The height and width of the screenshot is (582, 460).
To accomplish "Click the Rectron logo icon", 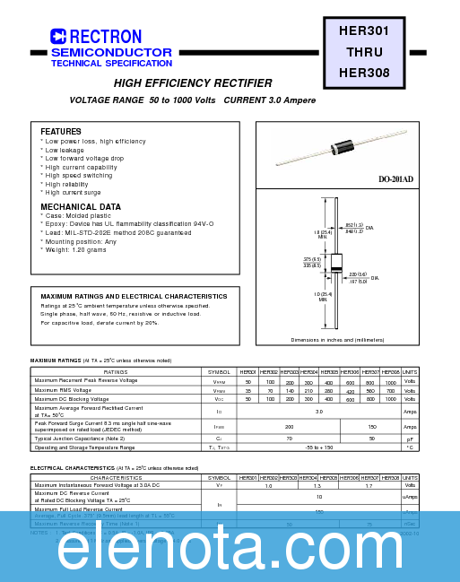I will point(58,37).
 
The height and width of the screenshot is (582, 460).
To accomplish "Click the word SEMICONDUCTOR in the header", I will point(111,53).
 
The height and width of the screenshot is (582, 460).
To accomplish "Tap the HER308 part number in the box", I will point(364,73).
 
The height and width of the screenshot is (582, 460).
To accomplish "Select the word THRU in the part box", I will point(364,52).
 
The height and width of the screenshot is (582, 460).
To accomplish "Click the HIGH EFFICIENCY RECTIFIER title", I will point(193,83).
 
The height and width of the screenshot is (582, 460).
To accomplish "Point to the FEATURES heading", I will point(61,132).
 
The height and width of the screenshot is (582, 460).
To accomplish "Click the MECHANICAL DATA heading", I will point(81,207).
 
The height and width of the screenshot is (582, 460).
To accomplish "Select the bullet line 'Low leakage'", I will point(66,151).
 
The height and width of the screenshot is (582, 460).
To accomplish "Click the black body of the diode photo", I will point(343,146).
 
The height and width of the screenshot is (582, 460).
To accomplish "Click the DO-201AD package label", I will point(395,179).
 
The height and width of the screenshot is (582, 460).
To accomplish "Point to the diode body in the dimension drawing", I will point(336,263).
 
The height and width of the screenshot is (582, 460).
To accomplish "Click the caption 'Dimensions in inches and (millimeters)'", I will point(337,340).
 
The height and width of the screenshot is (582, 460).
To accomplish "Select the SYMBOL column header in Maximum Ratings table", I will point(219,371).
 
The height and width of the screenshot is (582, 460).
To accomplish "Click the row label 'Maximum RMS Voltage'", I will point(63,390).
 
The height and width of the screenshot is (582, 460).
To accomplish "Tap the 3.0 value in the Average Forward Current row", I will point(318,412).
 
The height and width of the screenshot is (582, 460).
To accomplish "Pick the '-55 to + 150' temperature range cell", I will point(318,447).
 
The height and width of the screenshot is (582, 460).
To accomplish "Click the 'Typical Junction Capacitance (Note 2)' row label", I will point(79,439).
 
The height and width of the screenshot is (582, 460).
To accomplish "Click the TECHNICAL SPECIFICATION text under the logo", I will point(111,64).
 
